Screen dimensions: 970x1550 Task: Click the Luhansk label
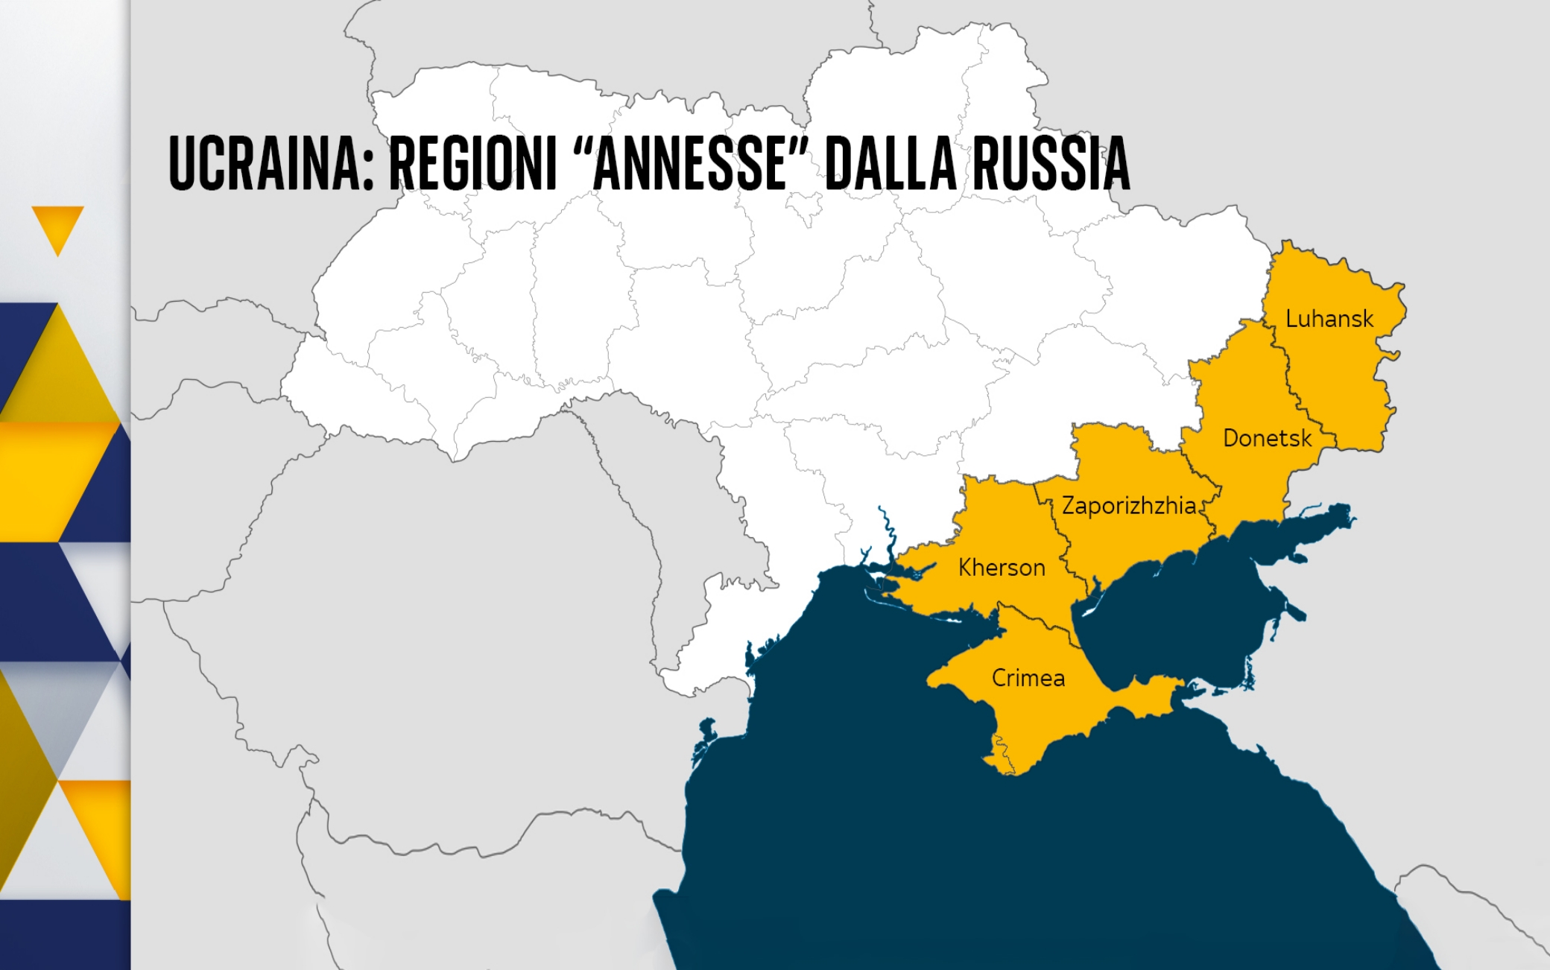coord(1329,319)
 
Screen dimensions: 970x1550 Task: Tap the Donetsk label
coord(1267,438)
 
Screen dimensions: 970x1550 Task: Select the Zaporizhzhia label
coord(1128,506)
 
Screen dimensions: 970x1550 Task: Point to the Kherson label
coord(1002,568)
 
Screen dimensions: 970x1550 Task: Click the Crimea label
coord(1028,678)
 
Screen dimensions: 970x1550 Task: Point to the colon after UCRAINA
coord(368,171)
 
